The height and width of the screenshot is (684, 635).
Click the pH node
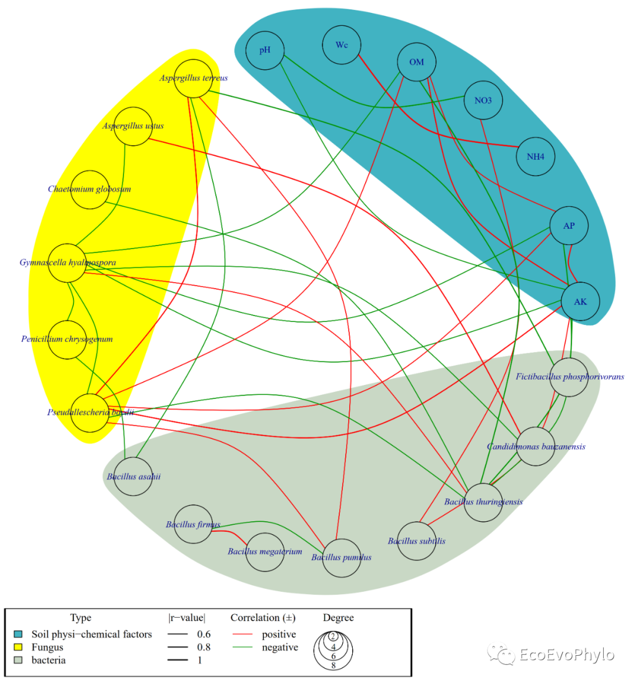[x=265, y=51]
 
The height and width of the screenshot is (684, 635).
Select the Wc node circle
[x=342, y=45]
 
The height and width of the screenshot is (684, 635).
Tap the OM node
[x=416, y=62]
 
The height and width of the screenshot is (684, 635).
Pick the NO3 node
[x=483, y=100]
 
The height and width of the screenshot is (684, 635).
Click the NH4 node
[x=536, y=157]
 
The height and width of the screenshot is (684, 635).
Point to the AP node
[x=569, y=226]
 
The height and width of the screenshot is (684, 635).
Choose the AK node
[x=580, y=301]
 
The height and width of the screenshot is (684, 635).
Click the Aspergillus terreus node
[x=193, y=78]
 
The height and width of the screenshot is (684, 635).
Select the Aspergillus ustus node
[x=133, y=126]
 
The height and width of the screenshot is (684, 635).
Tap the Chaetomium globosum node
[x=89, y=189]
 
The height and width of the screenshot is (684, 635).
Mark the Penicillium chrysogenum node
[x=67, y=339]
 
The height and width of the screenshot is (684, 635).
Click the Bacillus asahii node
[x=133, y=477]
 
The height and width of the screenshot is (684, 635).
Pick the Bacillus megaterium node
[x=265, y=552]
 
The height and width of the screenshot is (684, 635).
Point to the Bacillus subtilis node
[x=416, y=541]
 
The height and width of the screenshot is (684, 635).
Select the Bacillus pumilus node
[x=341, y=558]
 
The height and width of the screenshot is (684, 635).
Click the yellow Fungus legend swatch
[x=18, y=647]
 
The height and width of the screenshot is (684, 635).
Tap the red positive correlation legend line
[x=242, y=635]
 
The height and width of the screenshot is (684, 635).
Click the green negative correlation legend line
[x=242, y=648]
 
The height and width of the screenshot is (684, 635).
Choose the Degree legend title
[x=338, y=618]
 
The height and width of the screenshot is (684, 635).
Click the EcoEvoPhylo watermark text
[x=567, y=655]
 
